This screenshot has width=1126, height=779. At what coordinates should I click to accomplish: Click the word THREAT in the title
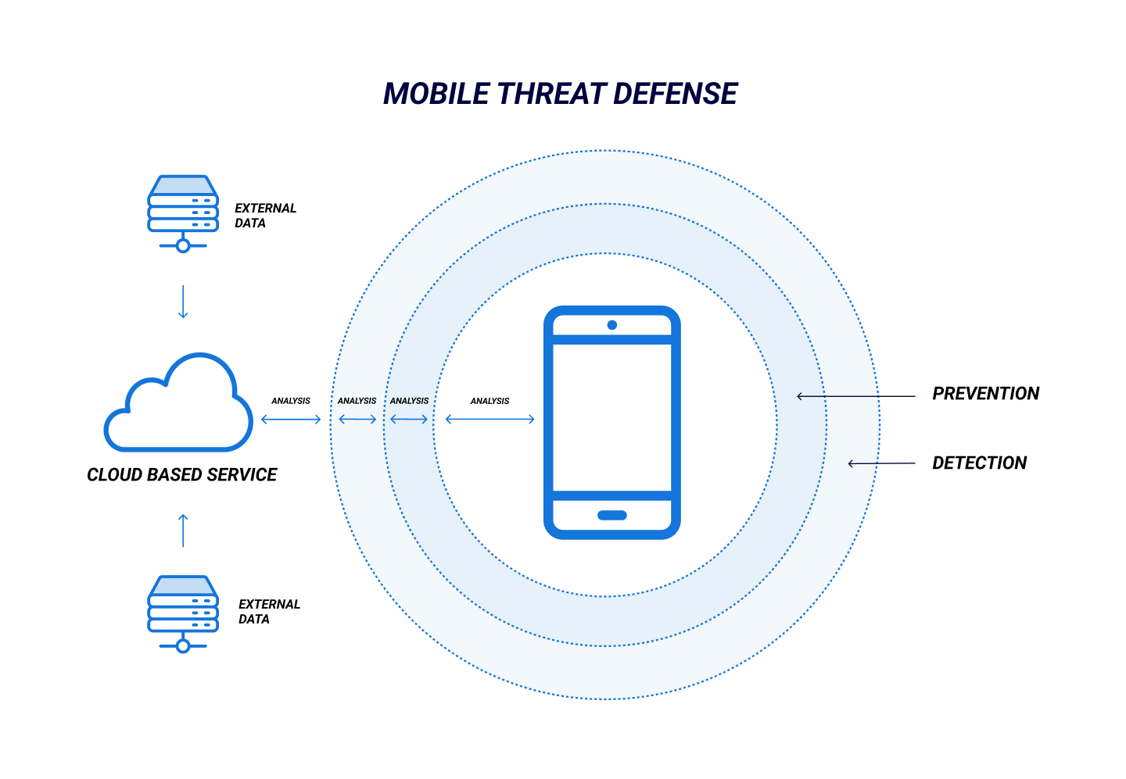pos(551,94)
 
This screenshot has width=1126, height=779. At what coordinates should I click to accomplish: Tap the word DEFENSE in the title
pos(675,94)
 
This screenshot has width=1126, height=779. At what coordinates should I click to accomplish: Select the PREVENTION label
pos(985,394)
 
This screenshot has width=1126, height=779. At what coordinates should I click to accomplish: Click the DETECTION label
pos(979,463)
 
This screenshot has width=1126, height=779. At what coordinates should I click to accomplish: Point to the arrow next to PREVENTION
pos(856,397)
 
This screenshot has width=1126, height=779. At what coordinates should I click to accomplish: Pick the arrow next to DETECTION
pos(882,463)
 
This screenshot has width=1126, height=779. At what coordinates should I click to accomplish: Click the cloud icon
pos(178,402)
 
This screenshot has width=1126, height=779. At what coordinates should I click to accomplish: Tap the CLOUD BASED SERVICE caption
pos(182,475)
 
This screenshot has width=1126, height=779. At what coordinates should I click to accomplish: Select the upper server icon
pos(183,213)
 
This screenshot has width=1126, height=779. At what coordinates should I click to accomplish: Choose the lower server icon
pos(183,614)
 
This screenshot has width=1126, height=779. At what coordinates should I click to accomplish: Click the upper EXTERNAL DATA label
pos(265,216)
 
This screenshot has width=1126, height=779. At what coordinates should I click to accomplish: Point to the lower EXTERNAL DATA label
pos(269,612)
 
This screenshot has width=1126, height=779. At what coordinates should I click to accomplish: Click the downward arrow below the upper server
pos(183,302)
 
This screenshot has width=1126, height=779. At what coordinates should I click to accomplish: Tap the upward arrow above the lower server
pos(183,531)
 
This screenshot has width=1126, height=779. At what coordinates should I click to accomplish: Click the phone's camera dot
pos(612,326)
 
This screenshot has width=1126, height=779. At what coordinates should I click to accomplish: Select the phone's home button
pos(612,516)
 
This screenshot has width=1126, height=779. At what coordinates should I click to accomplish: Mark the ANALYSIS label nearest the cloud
pos(291,402)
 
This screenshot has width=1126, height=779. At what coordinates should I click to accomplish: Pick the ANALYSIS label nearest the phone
pos(489,402)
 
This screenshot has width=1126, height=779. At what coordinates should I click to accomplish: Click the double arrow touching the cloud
pos(291,420)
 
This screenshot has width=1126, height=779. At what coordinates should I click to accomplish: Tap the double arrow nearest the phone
pos(490,420)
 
